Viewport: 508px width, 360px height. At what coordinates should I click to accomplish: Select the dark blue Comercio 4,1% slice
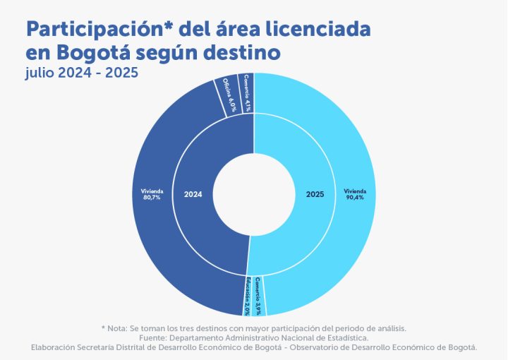[247, 92]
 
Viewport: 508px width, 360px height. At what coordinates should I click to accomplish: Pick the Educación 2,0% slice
[248, 296]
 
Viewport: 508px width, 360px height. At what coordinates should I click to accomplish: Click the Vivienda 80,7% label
[151, 194]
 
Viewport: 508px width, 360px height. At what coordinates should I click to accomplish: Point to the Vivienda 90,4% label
[355, 194]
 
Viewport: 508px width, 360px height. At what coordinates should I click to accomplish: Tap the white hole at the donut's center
[253, 194]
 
